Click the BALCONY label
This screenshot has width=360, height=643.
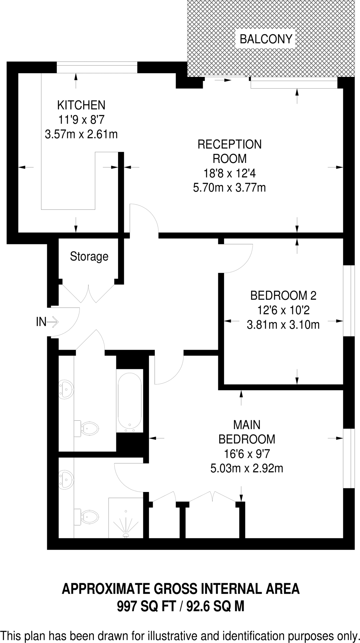(266, 39)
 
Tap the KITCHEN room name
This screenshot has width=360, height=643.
(81, 105)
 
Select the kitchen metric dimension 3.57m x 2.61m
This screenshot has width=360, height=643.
(81, 135)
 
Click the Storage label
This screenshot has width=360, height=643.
(89, 257)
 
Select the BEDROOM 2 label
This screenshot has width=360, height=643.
(283, 295)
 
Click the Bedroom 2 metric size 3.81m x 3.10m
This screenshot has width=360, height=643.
(283, 324)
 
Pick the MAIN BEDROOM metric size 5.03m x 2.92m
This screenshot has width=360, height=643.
(246, 468)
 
